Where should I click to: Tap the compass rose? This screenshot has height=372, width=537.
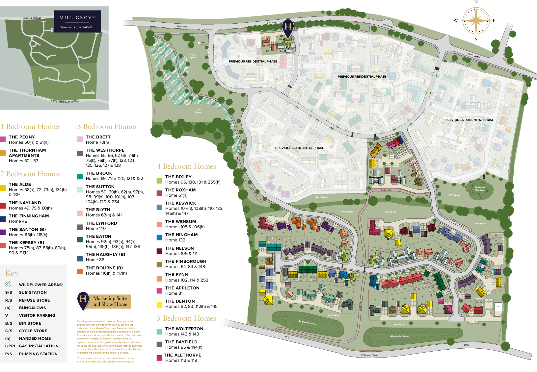[x=476, y=20]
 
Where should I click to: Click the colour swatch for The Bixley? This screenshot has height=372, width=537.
[x=159, y=181]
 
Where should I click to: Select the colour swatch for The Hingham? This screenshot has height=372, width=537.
[x=159, y=237]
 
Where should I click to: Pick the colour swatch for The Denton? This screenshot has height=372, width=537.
[x=159, y=305]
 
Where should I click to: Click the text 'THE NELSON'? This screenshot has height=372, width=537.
[x=179, y=248]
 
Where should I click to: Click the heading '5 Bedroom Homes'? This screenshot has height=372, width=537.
[x=186, y=318]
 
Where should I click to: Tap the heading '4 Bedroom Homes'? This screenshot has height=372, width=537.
[x=186, y=166]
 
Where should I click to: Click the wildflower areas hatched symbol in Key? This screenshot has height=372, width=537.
[x=8, y=284]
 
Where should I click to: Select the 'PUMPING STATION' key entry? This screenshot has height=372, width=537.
[x=38, y=354]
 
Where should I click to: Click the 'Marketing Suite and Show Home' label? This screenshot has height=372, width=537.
[x=110, y=301]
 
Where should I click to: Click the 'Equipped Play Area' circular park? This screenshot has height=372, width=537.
[x=479, y=190]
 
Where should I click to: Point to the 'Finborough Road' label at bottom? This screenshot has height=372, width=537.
[x=369, y=355]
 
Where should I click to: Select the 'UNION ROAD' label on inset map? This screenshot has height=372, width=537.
[x=32, y=18]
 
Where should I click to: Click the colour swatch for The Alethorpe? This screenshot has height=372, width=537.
[x=159, y=358]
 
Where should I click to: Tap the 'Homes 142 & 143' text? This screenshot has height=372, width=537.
[x=182, y=334]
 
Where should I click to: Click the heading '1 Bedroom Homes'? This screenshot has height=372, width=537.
[x=30, y=127]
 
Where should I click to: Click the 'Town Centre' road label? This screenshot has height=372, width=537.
[x=474, y=56]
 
